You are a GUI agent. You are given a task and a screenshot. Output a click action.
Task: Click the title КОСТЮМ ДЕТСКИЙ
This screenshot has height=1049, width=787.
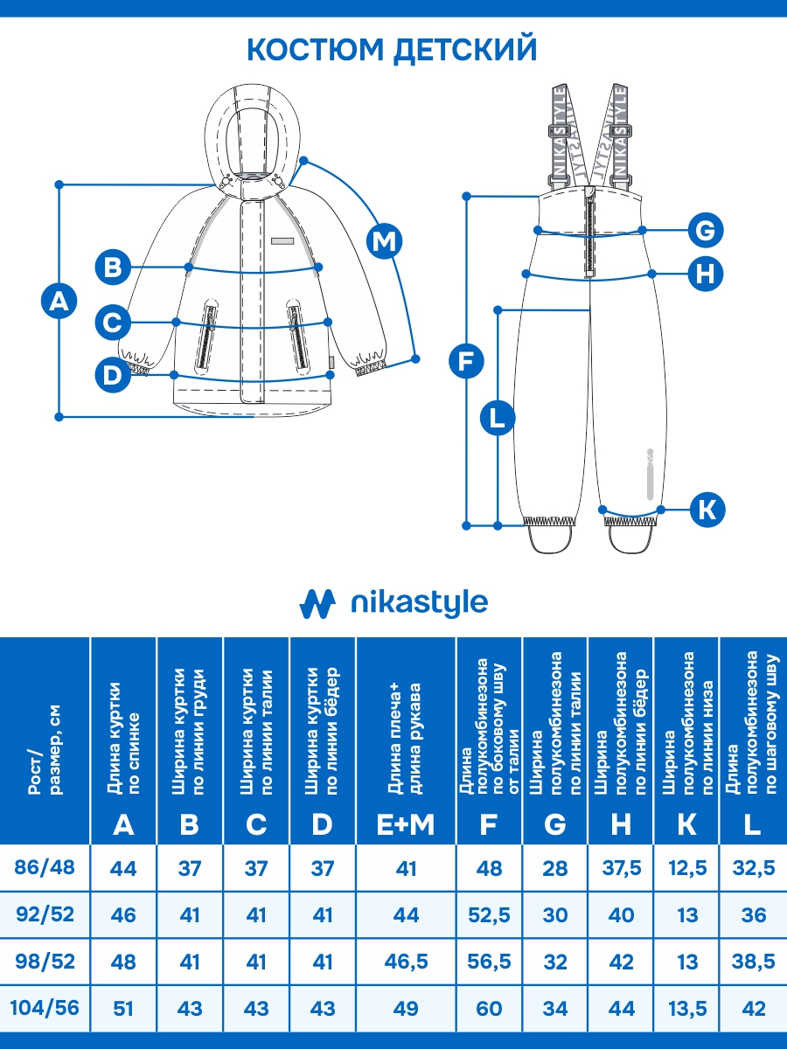tap(392, 49)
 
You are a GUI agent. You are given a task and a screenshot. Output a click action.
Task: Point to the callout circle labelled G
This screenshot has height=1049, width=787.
tap(705, 231)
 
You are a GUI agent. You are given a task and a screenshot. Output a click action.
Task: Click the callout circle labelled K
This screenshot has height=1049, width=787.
tap(707, 509)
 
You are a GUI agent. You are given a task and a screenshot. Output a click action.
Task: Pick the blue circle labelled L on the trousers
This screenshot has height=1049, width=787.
tap(498, 418)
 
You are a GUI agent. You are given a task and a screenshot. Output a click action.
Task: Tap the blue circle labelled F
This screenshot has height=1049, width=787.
tap(466, 361)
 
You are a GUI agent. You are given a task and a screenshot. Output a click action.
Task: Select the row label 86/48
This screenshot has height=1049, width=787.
tap(45, 868)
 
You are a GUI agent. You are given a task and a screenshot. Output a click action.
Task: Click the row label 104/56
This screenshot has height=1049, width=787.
tap(45, 1008)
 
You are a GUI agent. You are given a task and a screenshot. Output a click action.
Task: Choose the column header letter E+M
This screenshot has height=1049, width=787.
tap(406, 823)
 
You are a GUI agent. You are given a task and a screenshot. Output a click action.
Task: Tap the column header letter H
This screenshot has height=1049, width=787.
tap(621, 823)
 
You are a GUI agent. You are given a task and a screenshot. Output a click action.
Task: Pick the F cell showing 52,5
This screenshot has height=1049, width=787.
tap(490, 915)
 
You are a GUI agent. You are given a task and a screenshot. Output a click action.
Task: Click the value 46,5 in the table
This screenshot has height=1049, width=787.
tap(406, 962)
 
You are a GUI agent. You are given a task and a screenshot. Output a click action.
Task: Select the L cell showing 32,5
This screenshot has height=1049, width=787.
tap(753, 869)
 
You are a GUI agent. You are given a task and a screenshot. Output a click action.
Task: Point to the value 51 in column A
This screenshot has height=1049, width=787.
tap(124, 1008)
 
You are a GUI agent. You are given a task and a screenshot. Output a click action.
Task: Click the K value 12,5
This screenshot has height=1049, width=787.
tap(687, 869)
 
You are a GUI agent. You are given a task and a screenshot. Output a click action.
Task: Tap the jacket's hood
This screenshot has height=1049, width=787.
tap(254, 131)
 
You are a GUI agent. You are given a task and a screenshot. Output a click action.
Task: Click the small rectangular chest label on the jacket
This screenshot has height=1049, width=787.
tap(282, 240)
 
